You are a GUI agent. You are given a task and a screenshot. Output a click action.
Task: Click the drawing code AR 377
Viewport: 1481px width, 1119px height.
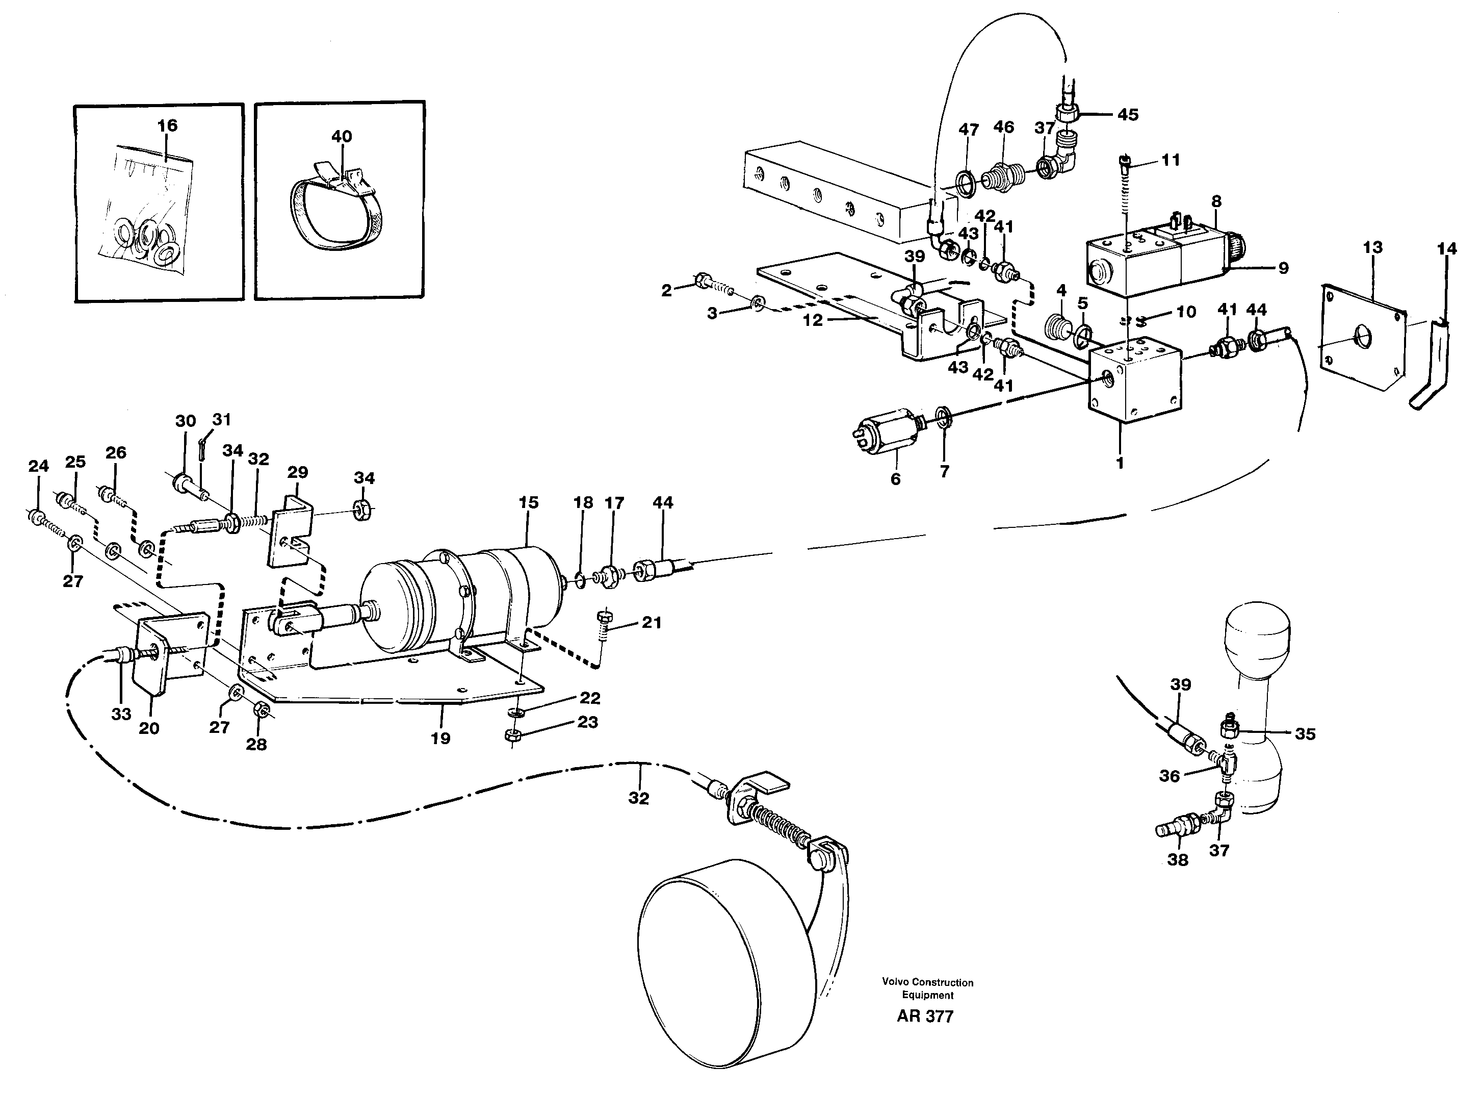[x=925, y=1016]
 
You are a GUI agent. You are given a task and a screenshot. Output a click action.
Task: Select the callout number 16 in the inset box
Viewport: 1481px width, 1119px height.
[x=167, y=125]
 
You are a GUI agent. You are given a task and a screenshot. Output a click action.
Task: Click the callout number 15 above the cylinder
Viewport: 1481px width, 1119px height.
[x=528, y=502]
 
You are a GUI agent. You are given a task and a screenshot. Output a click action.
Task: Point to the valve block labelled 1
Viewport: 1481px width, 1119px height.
[x=1134, y=383]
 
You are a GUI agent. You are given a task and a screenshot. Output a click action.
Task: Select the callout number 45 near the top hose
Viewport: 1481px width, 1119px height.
[x=1128, y=115]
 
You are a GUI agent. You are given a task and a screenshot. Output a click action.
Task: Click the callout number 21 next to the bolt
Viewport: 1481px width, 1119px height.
[x=652, y=622]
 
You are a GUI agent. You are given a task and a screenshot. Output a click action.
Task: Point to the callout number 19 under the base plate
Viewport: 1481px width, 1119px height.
[x=440, y=738]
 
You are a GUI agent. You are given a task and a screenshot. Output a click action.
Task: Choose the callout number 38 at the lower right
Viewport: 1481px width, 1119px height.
[x=1177, y=859]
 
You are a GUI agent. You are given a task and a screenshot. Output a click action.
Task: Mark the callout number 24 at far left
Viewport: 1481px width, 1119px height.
[x=39, y=466]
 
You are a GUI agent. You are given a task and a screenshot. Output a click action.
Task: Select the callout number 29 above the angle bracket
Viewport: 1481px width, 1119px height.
[x=297, y=472]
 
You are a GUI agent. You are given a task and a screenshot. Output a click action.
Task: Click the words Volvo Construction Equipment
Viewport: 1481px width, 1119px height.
[x=927, y=988]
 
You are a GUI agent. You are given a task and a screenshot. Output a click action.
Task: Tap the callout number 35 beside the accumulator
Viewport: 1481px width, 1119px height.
[x=1305, y=734]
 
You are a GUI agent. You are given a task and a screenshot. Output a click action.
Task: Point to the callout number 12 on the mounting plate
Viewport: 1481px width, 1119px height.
[x=812, y=320]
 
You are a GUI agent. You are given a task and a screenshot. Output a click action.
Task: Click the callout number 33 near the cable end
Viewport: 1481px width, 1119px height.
[x=121, y=714]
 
